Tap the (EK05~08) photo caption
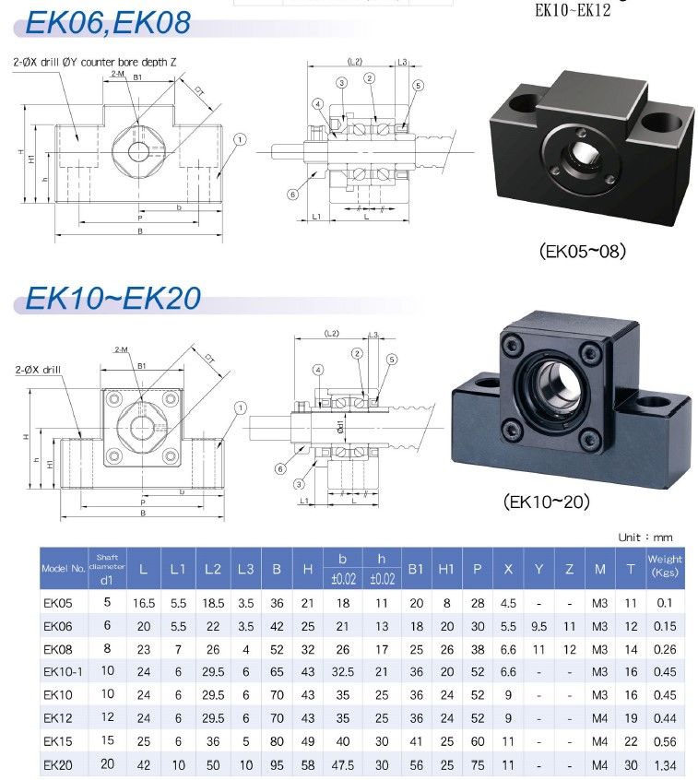pyautogui.click(x=582, y=251)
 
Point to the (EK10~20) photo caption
pyautogui.click(x=547, y=502)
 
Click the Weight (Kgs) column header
pyautogui.click(x=665, y=565)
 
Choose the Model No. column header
pyautogui.click(x=63, y=568)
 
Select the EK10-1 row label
pyautogui.click(x=63, y=672)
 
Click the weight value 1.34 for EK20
pyautogui.click(x=665, y=764)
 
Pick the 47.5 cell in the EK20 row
pyautogui.click(x=342, y=764)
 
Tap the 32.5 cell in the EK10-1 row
pyautogui.click(x=342, y=672)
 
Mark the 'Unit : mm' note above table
pyautogui.click(x=645, y=537)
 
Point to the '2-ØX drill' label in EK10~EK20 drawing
pyautogui.click(x=38, y=369)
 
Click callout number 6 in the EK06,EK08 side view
pyautogui.click(x=291, y=195)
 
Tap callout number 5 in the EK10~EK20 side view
pyautogui.click(x=392, y=359)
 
